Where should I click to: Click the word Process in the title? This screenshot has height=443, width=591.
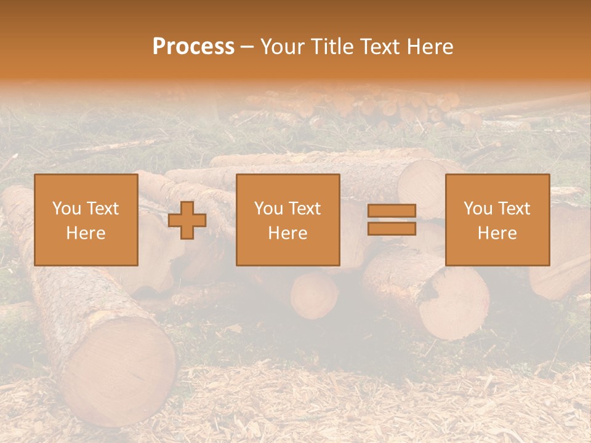pyautogui.click(x=193, y=47)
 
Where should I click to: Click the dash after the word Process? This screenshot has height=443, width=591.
pyautogui.click(x=247, y=47)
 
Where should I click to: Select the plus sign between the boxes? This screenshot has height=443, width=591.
pyautogui.click(x=187, y=220)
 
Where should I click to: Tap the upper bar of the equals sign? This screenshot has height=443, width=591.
pyautogui.click(x=392, y=210)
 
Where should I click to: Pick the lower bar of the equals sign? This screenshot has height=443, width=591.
pyautogui.click(x=392, y=228)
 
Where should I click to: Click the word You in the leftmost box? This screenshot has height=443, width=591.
pyautogui.click(x=66, y=209)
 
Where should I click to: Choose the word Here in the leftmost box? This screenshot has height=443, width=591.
pyautogui.click(x=86, y=233)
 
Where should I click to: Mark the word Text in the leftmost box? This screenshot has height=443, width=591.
pyautogui.click(x=103, y=209)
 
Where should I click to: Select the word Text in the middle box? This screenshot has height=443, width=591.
pyautogui.click(x=305, y=209)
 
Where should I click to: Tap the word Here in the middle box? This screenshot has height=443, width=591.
pyautogui.click(x=287, y=233)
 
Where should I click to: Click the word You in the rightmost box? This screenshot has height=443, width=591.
pyautogui.click(x=477, y=209)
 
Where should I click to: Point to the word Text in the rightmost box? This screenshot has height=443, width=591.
pyautogui.click(x=514, y=209)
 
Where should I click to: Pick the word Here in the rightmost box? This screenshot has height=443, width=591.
pyautogui.click(x=497, y=233)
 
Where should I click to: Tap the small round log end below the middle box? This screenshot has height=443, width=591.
pyautogui.click(x=314, y=295)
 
